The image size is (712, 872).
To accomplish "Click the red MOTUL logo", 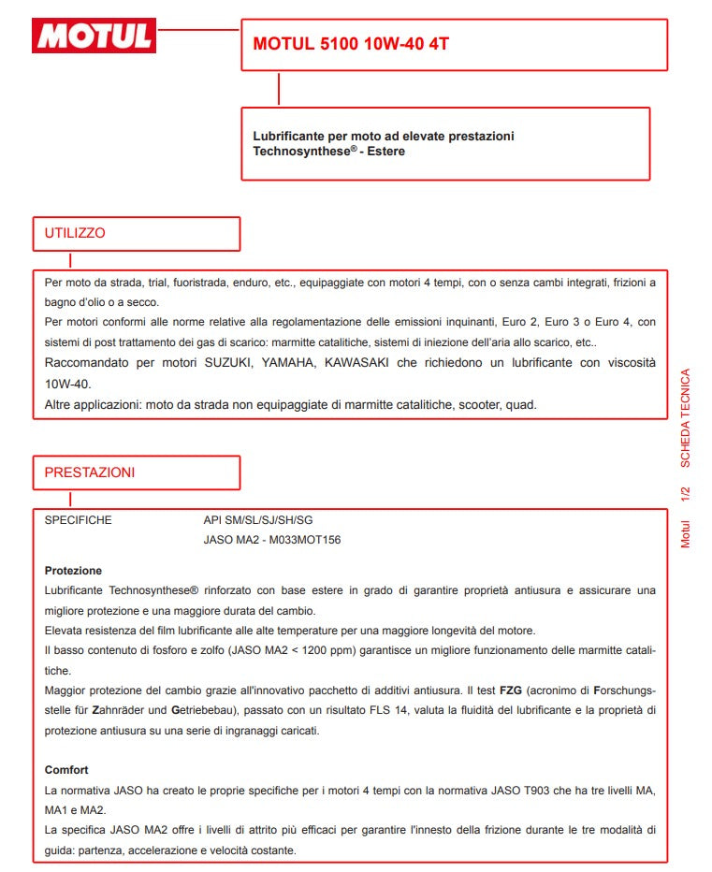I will click(x=94, y=36).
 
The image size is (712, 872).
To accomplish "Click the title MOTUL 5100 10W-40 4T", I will click(x=344, y=44).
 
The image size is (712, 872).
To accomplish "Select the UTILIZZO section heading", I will click(x=75, y=233).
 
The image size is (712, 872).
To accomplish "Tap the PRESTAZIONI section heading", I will click(x=90, y=472).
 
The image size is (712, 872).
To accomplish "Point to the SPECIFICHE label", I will click(x=79, y=520).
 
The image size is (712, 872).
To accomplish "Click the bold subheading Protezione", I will click(x=73, y=571).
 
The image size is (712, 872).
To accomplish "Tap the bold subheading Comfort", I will click(x=66, y=770).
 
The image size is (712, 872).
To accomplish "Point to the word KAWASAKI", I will click(x=359, y=363).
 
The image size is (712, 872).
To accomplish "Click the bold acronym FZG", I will click(x=511, y=690).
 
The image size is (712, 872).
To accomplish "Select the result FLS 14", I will click(x=427, y=711).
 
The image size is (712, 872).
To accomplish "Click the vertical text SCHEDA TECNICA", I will click(x=685, y=418).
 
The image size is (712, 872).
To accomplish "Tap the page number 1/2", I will click(x=685, y=494).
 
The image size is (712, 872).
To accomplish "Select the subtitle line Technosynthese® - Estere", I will click(x=328, y=151).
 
